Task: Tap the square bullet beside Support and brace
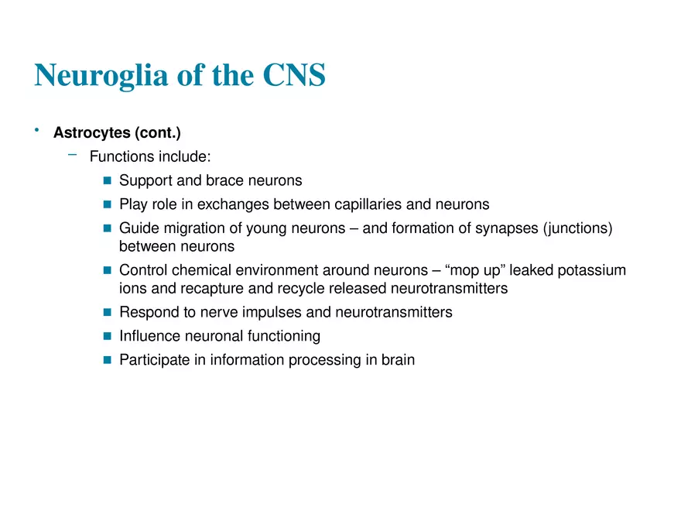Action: [x=108, y=181]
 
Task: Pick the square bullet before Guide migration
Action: [x=108, y=228]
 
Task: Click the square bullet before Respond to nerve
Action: [x=108, y=313]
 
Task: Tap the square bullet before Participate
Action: [x=108, y=360]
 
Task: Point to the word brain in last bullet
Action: [x=397, y=360]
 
